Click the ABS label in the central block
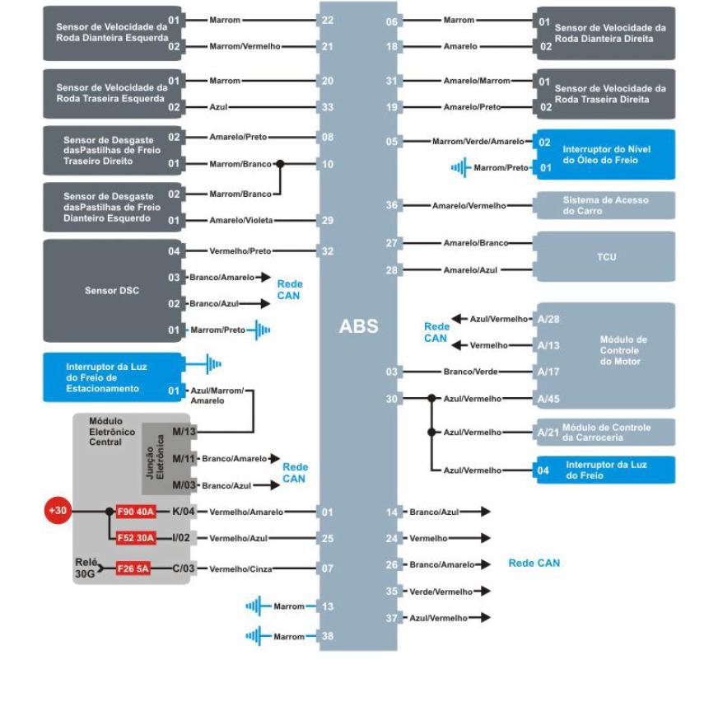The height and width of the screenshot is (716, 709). (358, 326)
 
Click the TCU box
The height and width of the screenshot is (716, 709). (605, 256)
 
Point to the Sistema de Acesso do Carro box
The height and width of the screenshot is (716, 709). (605, 204)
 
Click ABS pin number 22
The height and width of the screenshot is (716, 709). (328, 19)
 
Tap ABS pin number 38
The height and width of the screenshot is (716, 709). (328, 635)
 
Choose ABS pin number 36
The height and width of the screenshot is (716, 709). (392, 204)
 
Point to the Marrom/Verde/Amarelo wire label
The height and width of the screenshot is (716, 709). (478, 142)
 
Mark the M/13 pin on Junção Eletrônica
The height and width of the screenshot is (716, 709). (184, 431)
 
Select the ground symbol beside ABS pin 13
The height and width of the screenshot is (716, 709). (255, 606)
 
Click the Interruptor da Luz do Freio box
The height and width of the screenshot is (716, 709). (605, 470)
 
